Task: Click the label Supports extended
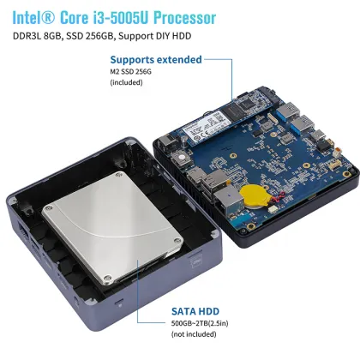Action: coord(156,60)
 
